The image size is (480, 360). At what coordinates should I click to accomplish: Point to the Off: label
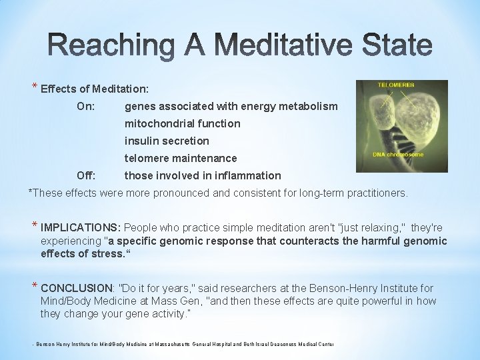(86, 175)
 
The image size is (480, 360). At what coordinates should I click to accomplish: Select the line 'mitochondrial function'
(182, 123)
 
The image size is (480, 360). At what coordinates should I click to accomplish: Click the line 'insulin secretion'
(167, 141)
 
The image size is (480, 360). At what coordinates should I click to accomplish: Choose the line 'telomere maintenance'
(181, 158)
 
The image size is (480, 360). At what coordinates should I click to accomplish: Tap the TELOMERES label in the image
(396, 85)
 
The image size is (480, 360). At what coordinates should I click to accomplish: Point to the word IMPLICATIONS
(81, 228)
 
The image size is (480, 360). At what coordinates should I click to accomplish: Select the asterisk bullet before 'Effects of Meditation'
(35, 87)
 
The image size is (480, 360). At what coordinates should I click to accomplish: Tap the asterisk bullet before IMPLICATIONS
(35, 227)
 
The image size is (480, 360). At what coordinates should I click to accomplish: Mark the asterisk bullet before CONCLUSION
(35, 287)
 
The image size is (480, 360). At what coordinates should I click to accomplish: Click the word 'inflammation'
(251, 175)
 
